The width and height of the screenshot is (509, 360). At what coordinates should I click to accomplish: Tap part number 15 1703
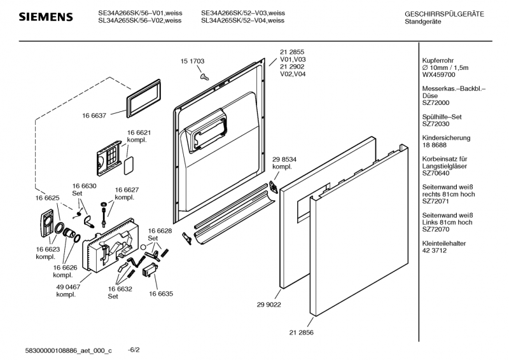pyautogui.click(x=192, y=61)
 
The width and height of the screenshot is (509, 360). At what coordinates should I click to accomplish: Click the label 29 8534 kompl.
pyautogui.click(x=284, y=163)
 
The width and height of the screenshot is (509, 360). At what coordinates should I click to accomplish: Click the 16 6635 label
pyautogui.click(x=161, y=294)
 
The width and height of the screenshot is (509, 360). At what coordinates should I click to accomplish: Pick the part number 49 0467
pyautogui.click(x=67, y=287)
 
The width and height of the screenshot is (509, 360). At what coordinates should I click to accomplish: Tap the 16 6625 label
pyautogui.click(x=48, y=198)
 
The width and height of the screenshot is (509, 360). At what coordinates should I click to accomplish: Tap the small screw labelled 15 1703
pyautogui.click(x=204, y=76)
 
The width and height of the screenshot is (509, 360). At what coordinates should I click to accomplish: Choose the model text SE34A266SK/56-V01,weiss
pyautogui.click(x=139, y=13)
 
